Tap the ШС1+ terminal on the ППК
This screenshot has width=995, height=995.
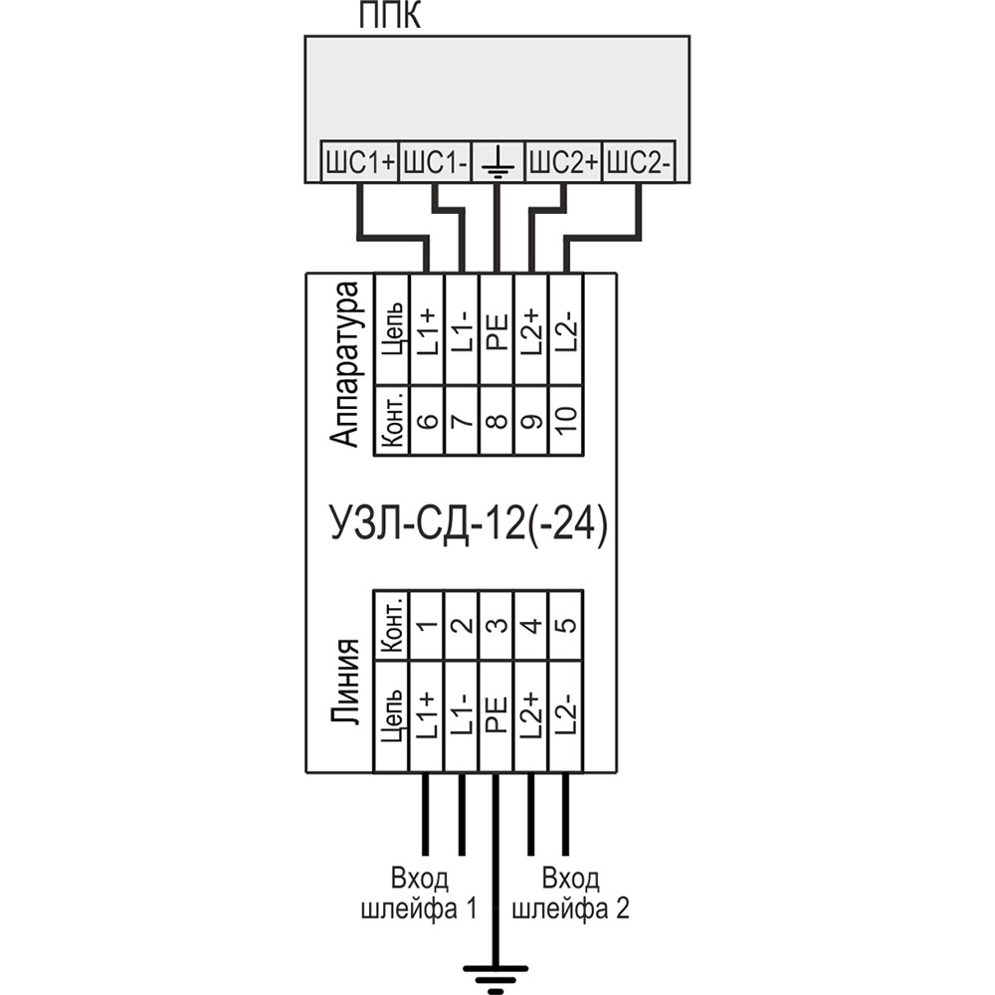pyautogui.click(x=358, y=163)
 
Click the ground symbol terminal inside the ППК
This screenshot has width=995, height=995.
pyautogui.click(x=496, y=163)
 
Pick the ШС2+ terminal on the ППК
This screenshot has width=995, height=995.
pyautogui.click(x=563, y=163)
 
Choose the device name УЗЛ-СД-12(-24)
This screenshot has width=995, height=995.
pyautogui.click(x=466, y=521)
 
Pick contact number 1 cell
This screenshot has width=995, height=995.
pyautogui.click(x=427, y=625)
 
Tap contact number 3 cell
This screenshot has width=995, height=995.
pyautogui.click(x=497, y=625)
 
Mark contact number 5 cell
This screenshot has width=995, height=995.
pyautogui.click(x=565, y=625)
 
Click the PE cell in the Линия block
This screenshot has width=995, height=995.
pyautogui.click(x=497, y=714)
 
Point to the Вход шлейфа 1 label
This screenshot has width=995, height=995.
pyautogui.click(x=419, y=894)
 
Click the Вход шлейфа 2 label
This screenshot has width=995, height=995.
pyautogui.click(x=571, y=894)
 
